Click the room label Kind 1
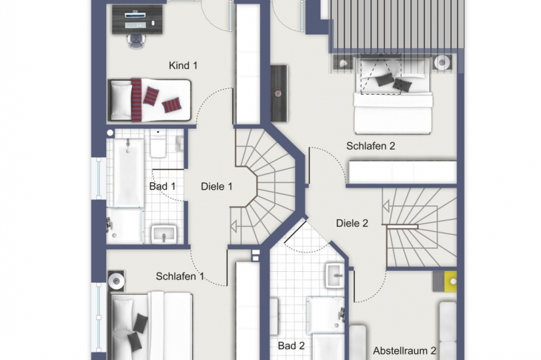[183, 65]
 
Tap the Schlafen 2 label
[371, 146]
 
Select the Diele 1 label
[216, 187]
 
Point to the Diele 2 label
[352, 223]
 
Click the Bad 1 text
[162, 187]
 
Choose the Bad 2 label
[291, 345]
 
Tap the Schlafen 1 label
[180, 276]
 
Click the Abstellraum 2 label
[405, 350]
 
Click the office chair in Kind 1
[136, 41]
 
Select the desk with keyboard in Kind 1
[137, 20]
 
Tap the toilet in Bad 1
[158, 144]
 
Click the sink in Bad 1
[164, 234]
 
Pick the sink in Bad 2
[335, 275]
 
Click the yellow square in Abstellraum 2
[451, 281]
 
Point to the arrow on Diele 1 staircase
[235, 227]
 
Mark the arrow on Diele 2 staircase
[388, 206]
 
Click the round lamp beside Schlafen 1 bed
[116, 281]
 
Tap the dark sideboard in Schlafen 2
[279, 93]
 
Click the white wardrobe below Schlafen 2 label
[402, 172]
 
